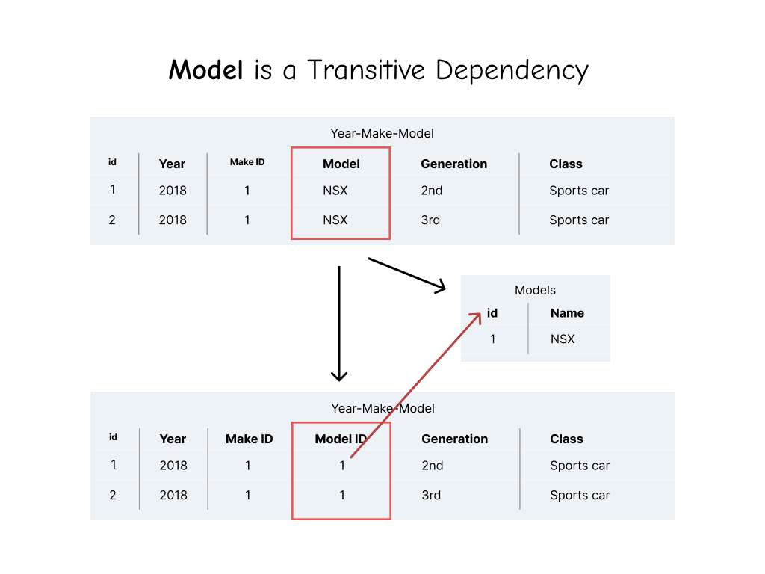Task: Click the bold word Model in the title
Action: tap(206, 70)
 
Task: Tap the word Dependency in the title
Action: tap(512, 71)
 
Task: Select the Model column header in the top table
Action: tap(341, 164)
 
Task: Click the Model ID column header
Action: tap(341, 439)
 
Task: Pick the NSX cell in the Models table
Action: tap(563, 339)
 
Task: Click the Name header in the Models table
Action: tap(567, 313)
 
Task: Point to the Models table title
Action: tap(535, 290)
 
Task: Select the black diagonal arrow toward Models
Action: tap(406, 274)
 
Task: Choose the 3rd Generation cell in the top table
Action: tap(430, 220)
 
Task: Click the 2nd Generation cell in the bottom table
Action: tap(432, 465)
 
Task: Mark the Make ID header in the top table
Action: tap(247, 162)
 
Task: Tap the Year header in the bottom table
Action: tap(173, 439)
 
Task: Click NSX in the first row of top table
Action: tap(335, 191)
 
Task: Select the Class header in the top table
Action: tap(566, 164)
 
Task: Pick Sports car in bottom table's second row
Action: tap(580, 495)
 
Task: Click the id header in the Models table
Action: tap(492, 313)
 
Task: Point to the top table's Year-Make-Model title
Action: tap(382, 133)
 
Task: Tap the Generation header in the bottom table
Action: tap(454, 439)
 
